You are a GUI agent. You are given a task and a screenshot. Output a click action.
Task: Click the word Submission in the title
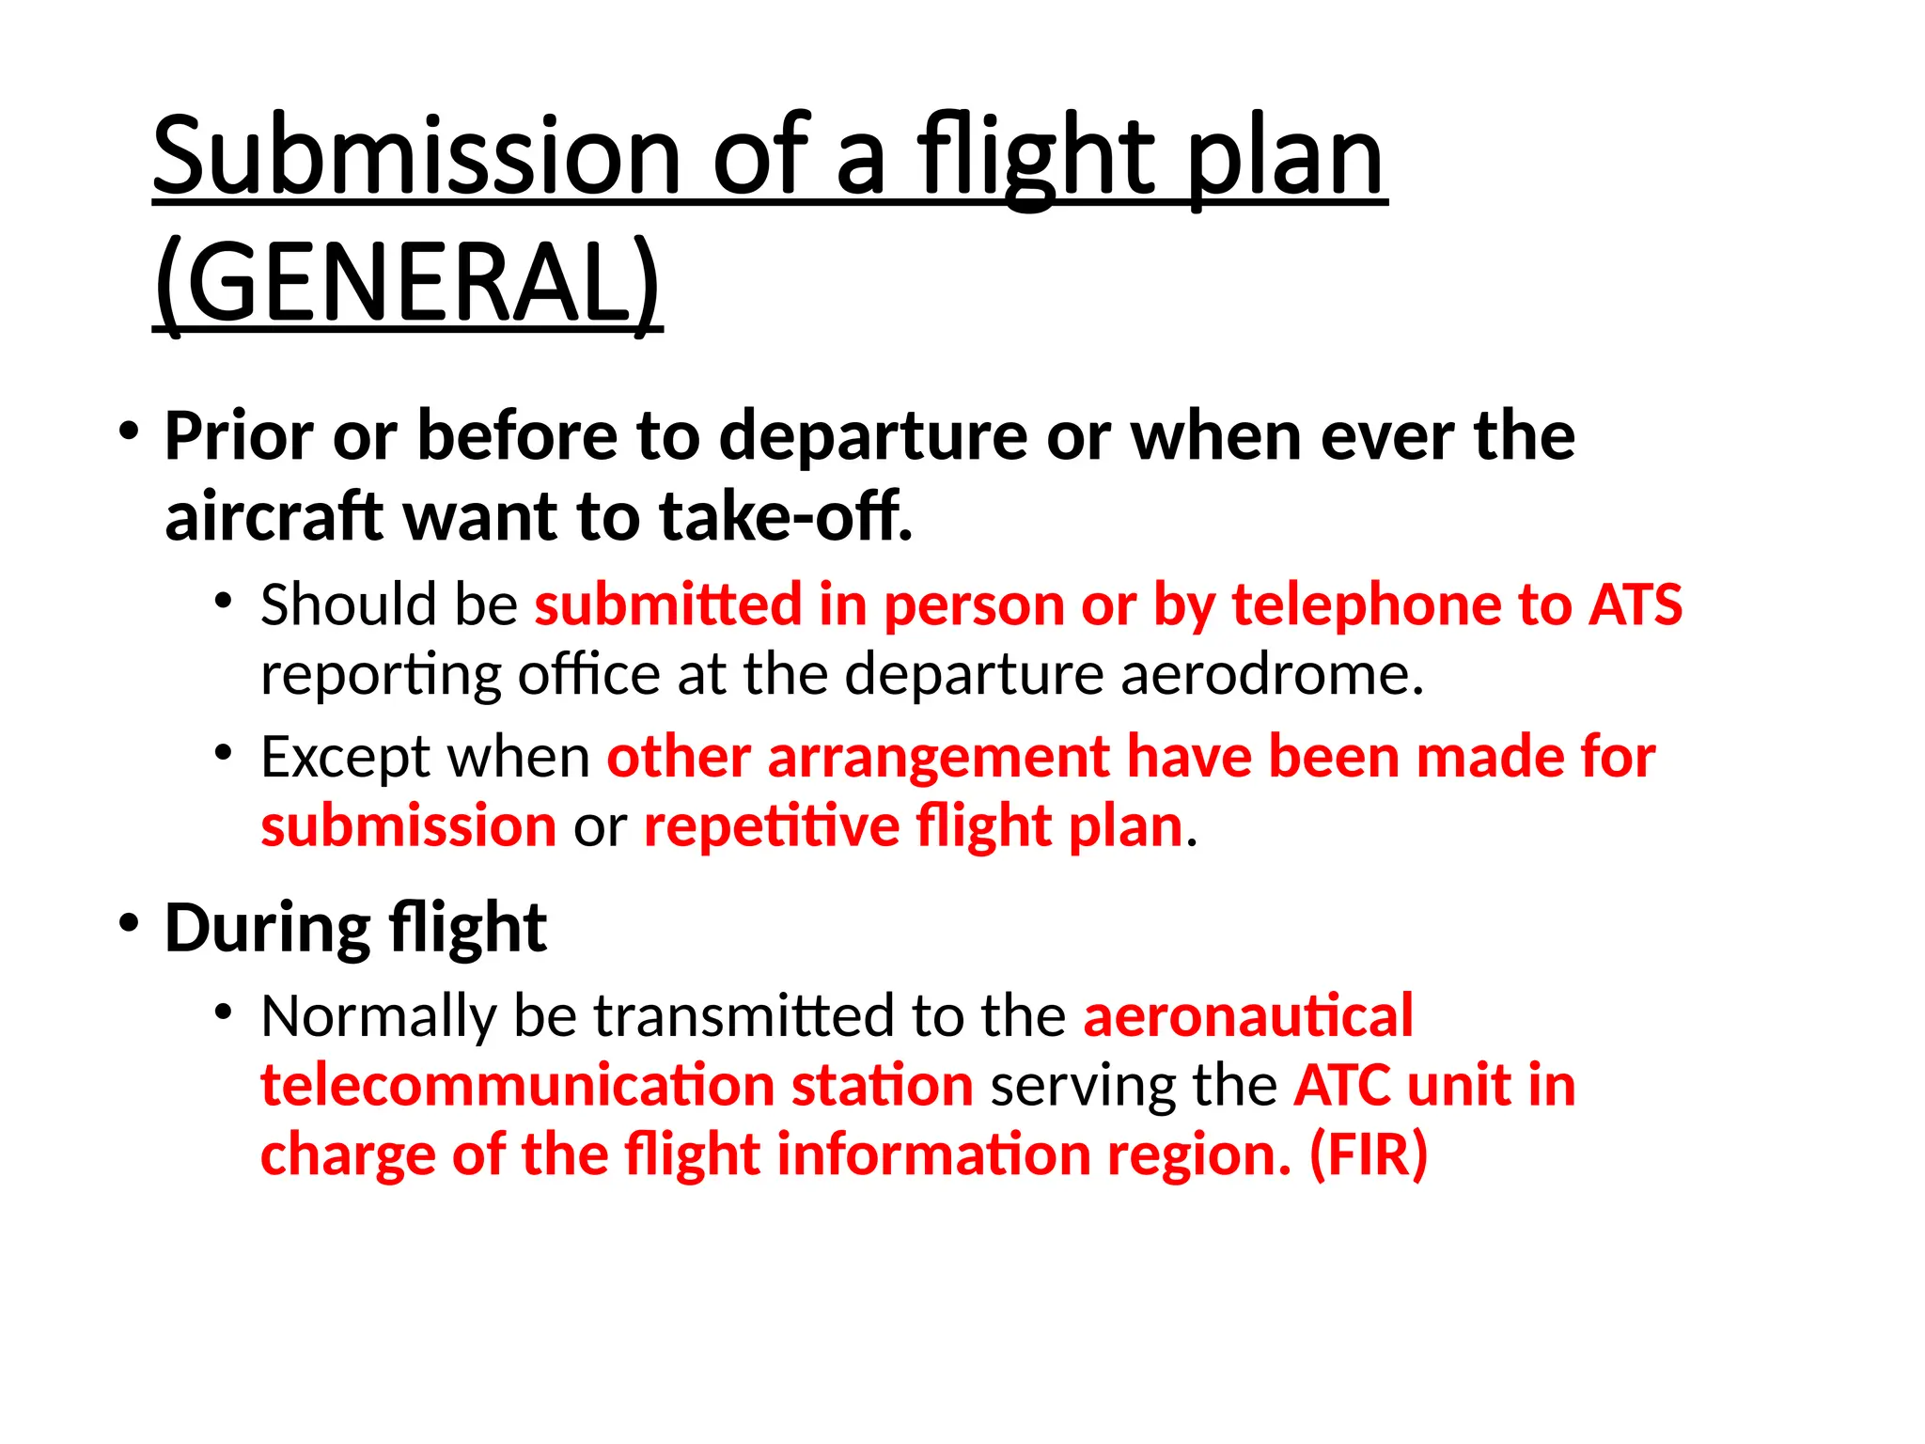(x=415, y=156)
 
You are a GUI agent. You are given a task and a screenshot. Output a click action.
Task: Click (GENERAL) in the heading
(x=407, y=282)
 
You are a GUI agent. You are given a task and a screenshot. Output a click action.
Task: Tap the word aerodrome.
(x=1273, y=674)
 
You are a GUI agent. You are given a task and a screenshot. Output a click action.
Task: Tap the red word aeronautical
(x=1247, y=1016)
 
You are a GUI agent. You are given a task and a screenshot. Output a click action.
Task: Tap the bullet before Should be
(x=223, y=601)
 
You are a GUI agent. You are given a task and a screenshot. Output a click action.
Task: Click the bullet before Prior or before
(x=129, y=432)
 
